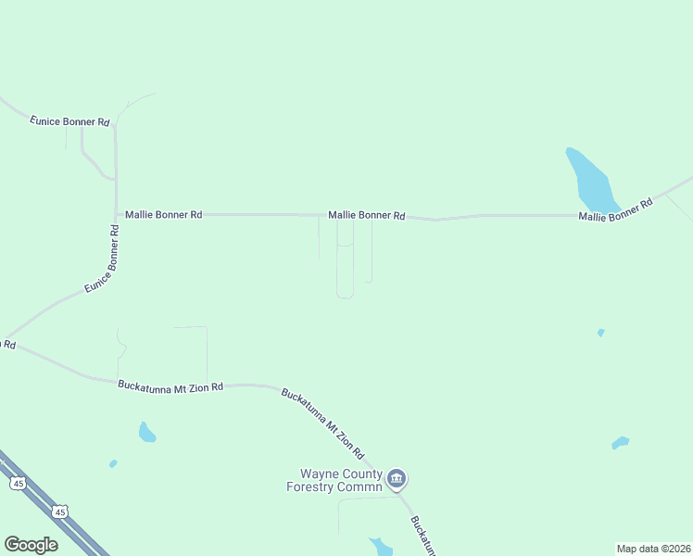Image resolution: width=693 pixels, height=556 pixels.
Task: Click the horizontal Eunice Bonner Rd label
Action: point(69,121)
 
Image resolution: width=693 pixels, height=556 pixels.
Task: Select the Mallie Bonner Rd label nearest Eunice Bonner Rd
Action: point(164,214)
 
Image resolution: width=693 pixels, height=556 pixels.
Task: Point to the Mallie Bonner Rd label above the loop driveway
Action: point(367,215)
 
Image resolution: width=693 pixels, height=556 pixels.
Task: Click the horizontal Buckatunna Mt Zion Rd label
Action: point(170,385)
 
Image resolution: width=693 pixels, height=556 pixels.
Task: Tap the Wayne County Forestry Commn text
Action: point(334,480)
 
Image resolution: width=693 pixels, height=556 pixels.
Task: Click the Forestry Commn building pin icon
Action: point(397,479)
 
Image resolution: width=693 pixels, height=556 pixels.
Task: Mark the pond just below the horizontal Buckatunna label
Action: point(146,432)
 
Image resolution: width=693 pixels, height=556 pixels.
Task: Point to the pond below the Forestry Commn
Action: point(380,546)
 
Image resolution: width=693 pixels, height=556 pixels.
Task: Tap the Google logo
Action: point(31,545)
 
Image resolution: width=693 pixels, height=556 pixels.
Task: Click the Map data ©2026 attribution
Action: point(653,549)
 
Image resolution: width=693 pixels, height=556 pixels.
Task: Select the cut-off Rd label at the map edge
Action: point(7,344)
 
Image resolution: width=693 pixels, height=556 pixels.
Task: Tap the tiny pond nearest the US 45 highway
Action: point(113,463)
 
